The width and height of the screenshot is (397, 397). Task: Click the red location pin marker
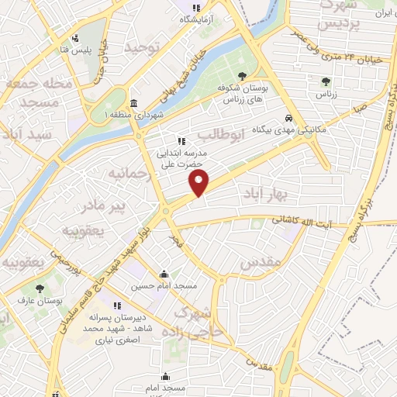(200, 183)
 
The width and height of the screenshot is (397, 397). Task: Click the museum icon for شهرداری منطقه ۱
(134, 104)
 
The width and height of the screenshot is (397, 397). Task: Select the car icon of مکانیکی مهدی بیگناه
(288, 119)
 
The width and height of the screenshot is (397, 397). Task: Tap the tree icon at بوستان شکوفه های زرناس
(243, 76)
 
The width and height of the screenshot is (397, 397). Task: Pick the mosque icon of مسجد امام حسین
(164, 274)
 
